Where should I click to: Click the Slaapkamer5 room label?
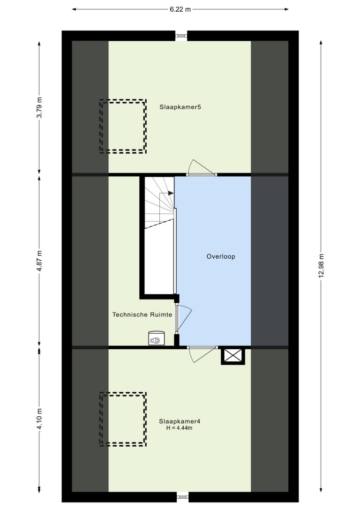(180, 107)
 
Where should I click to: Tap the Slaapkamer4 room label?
(180, 421)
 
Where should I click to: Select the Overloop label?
(221, 256)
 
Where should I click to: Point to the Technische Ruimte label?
(142, 314)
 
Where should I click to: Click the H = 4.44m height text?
(179, 428)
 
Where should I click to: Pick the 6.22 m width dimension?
(180, 9)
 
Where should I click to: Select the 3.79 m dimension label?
(39, 107)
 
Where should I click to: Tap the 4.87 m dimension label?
(39, 261)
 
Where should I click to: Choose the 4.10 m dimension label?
(39, 419)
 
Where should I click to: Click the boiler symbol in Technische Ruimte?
(157, 338)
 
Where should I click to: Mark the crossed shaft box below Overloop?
(233, 356)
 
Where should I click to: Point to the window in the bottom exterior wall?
(183, 497)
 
